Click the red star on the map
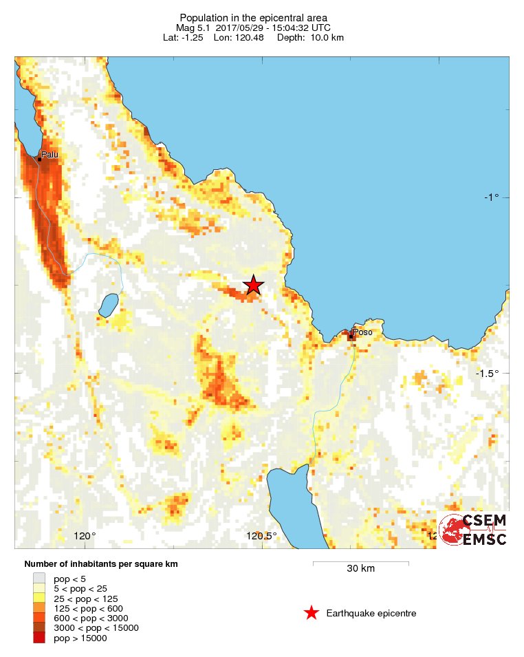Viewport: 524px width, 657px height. (254, 284)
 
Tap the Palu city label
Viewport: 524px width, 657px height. (50, 154)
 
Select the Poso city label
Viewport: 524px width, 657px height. (362, 333)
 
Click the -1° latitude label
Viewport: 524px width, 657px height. (491, 197)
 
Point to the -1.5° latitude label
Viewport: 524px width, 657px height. (488, 373)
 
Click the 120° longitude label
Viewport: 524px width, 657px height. (85, 537)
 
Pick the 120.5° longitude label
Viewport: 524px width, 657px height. (261, 537)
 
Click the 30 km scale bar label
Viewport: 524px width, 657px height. (360, 569)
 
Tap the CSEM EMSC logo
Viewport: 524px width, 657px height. (474, 530)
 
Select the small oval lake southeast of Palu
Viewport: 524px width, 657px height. (108, 305)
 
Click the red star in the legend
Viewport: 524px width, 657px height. (312, 613)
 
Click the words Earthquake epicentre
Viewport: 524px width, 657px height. (371, 613)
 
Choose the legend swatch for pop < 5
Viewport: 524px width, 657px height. (39, 579)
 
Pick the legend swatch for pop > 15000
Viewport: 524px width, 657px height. (39, 638)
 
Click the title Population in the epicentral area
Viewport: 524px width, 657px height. (253, 17)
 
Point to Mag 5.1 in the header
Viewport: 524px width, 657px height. (194, 27)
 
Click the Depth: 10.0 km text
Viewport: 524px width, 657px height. (310, 36)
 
